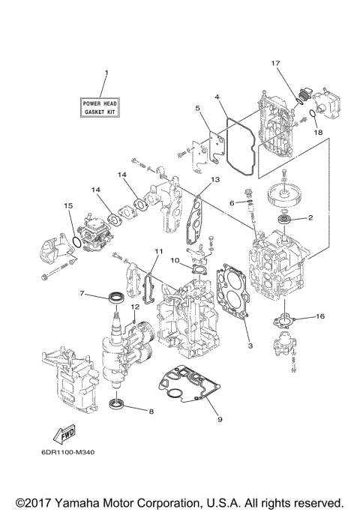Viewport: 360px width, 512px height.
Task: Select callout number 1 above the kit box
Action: pos(105,73)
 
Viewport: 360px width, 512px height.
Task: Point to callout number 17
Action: pos(276,63)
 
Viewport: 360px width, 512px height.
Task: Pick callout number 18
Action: pos(317,131)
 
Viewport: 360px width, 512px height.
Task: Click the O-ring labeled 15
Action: pos(76,241)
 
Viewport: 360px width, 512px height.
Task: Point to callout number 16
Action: pos(319,317)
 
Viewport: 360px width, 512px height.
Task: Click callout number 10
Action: pos(173,261)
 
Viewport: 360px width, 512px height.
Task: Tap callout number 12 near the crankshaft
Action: pos(136,307)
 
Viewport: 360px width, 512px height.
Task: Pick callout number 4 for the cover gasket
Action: pos(216,97)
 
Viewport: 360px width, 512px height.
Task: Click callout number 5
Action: pos(197,108)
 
